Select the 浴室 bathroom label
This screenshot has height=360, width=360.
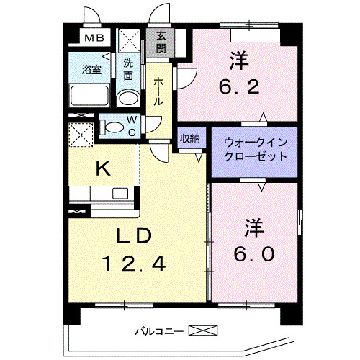coord(91,70)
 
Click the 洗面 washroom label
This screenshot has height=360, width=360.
coord(128,68)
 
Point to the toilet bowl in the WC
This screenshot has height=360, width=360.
coord(114,127)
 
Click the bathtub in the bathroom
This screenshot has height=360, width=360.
coord(90,96)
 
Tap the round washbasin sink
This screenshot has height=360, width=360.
coord(127,98)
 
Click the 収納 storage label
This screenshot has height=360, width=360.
coord(189,138)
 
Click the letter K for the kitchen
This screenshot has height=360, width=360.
coord(103,169)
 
